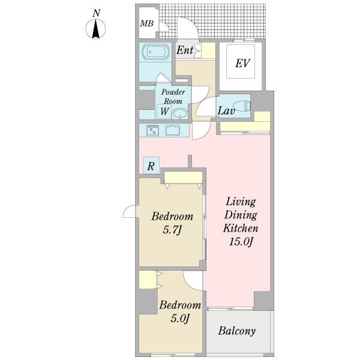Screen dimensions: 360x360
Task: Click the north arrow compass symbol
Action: [95, 29]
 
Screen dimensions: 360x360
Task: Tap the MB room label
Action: [147, 23]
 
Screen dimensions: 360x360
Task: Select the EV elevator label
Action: [242, 64]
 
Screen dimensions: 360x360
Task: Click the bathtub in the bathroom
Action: [156, 52]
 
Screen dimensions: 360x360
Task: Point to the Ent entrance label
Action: [185, 50]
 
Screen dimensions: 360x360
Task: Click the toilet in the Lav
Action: [242, 106]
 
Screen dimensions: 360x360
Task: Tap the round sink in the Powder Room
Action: [180, 113]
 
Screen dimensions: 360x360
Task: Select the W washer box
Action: [164, 112]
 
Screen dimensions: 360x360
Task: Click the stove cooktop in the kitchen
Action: [152, 130]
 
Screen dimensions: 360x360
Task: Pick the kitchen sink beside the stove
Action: [172, 130]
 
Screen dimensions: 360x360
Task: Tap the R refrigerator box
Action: [151, 166]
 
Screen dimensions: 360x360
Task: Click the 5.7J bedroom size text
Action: [172, 230]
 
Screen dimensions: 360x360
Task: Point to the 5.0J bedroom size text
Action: [180, 319]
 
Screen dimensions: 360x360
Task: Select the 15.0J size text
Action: [241, 242]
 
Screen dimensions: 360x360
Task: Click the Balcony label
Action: [237, 331]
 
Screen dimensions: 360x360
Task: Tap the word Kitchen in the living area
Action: [241, 228]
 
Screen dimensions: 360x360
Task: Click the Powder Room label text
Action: [173, 97]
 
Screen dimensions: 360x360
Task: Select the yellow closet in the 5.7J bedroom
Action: [183, 178]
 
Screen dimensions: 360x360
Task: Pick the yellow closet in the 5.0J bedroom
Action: [148, 280]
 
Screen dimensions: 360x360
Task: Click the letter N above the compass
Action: [97, 13]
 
